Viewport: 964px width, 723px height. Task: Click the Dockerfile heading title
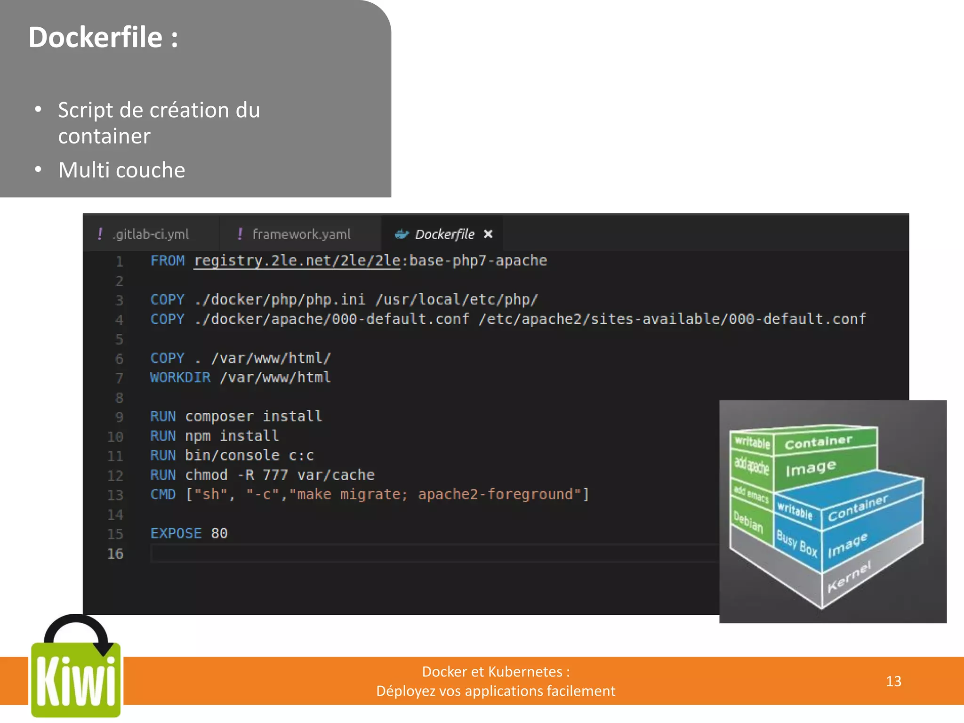pyautogui.click(x=103, y=37)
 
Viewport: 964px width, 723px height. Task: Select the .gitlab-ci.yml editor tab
pyautogui.click(x=150, y=234)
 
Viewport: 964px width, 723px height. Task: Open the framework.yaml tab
pyautogui.click(x=301, y=234)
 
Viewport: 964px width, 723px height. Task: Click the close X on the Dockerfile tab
pyautogui.click(x=488, y=234)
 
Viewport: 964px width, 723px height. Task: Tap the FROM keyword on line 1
pyautogui.click(x=167, y=261)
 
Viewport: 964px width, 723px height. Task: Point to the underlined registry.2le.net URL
pyautogui.click(x=297, y=261)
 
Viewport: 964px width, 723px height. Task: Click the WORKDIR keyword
pyautogui.click(x=180, y=378)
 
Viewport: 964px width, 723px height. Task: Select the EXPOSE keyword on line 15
pyautogui.click(x=176, y=533)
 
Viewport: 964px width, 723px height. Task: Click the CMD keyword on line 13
pyautogui.click(x=163, y=494)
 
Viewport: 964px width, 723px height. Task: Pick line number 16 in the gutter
pyautogui.click(x=115, y=554)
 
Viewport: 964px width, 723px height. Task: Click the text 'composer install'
pyautogui.click(x=254, y=417)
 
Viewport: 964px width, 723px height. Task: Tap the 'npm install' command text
pyautogui.click(x=232, y=436)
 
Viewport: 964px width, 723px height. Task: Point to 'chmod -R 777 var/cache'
pyautogui.click(x=280, y=475)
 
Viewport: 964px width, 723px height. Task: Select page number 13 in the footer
pyautogui.click(x=893, y=681)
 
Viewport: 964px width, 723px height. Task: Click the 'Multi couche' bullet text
pyautogui.click(x=121, y=170)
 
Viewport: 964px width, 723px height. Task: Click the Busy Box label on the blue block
pyautogui.click(x=796, y=543)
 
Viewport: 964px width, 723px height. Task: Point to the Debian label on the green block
pyautogui.click(x=748, y=522)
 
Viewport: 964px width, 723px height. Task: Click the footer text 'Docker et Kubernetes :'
pyautogui.click(x=496, y=672)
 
